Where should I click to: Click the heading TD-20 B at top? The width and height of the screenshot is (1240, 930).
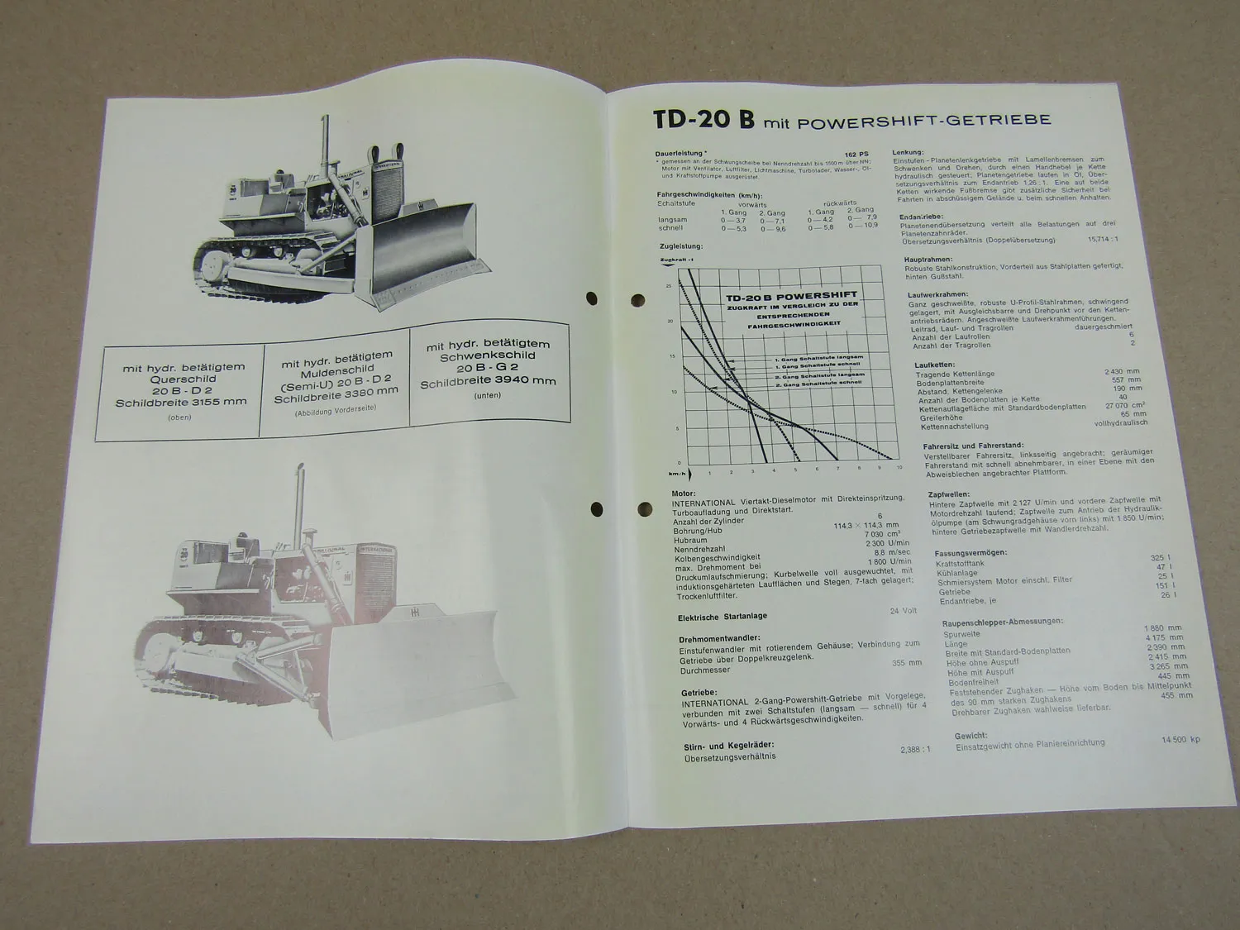click(703, 119)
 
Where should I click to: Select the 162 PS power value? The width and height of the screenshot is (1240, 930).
click(856, 154)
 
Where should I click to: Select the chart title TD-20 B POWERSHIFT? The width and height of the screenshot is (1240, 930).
click(791, 295)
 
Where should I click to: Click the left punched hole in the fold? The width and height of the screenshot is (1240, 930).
click(590, 298)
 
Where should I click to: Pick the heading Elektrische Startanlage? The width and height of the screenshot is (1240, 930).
click(723, 616)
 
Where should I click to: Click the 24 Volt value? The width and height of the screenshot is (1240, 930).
click(904, 611)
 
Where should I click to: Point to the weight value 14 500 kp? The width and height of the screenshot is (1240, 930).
click(1180, 740)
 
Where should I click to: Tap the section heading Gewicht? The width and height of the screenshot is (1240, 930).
click(971, 735)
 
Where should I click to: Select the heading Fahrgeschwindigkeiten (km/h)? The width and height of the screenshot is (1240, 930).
click(708, 193)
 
